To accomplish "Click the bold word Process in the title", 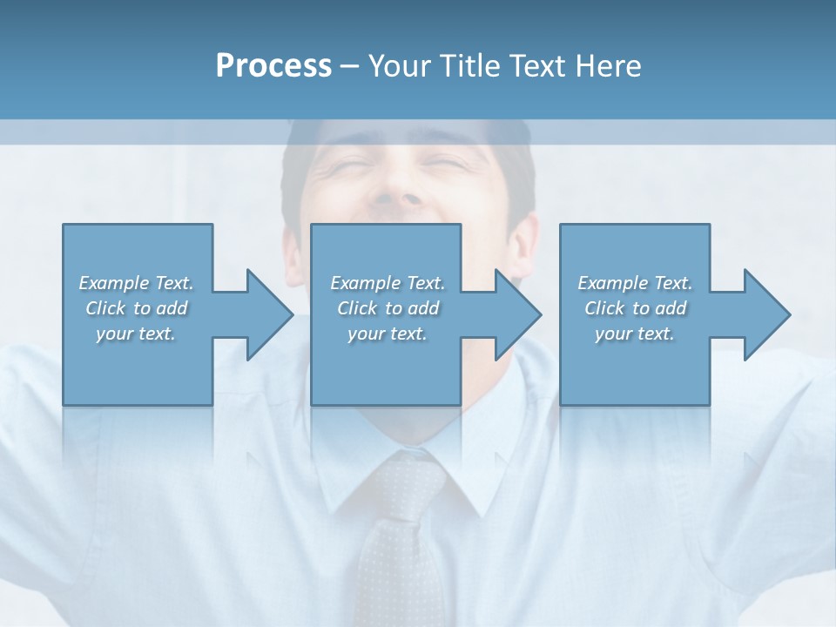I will (x=273, y=66).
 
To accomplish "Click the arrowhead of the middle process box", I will (x=517, y=314).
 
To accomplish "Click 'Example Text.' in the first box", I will (x=137, y=283).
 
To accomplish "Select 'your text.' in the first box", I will (x=136, y=334).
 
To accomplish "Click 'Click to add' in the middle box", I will (x=388, y=308).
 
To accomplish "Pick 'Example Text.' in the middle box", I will (x=388, y=283).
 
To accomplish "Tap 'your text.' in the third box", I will (x=635, y=334).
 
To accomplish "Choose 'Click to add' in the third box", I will (x=635, y=308).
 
